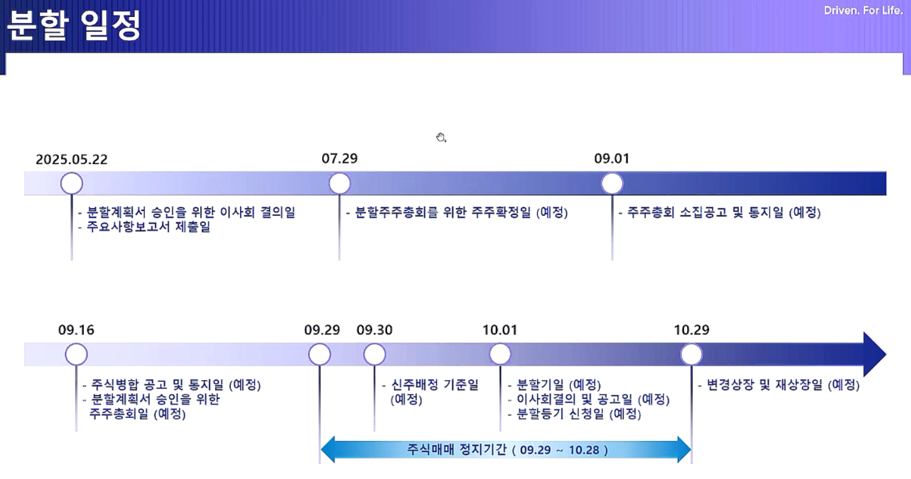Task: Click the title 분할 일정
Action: click(74, 25)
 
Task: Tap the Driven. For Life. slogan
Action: click(863, 11)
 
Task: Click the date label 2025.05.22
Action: click(71, 159)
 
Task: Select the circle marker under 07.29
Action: click(340, 183)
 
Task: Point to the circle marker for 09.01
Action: click(612, 183)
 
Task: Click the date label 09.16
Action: click(76, 330)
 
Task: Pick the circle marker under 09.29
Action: click(320, 354)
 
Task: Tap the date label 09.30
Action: click(375, 330)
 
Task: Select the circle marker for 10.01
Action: click(500, 354)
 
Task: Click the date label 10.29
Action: click(692, 330)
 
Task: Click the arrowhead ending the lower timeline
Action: click(886, 354)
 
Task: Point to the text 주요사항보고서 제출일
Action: click(148, 227)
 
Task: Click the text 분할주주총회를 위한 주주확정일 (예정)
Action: click(461, 212)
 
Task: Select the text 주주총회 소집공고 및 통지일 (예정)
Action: click(724, 212)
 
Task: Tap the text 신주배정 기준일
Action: click(435, 384)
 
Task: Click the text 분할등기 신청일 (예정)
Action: click(579, 414)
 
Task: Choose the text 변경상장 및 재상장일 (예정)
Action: click(783, 384)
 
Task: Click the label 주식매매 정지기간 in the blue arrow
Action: click(457, 450)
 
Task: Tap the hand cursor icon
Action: click(441, 137)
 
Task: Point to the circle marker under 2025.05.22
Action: click(71, 183)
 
